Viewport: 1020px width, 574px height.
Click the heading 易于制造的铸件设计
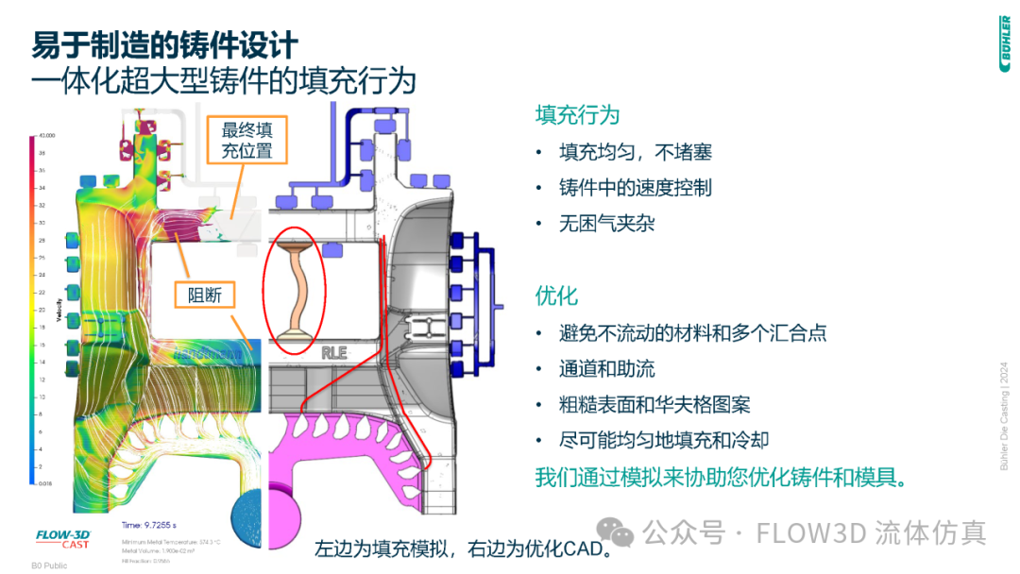pos(165,44)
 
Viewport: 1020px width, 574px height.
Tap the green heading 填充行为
pos(577,115)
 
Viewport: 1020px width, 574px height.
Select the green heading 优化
pos(556,295)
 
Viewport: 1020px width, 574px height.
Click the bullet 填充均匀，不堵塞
pos(635,152)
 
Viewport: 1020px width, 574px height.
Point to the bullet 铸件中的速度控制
pos(635,188)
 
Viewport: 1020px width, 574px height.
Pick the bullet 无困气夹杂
pos(606,224)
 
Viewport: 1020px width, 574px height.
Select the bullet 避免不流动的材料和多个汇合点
pos(692,333)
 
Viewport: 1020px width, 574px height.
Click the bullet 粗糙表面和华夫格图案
pos(654,405)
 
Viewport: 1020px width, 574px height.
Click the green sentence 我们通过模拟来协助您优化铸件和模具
pos(721,477)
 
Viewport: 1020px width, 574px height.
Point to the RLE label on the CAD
pos(334,353)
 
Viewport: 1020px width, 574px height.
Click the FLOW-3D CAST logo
pos(62,539)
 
